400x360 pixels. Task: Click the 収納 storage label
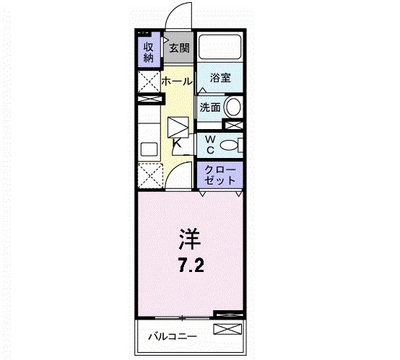(x=149, y=52)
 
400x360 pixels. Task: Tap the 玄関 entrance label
(x=178, y=49)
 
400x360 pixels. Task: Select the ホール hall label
(x=176, y=82)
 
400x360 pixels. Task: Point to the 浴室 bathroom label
(x=220, y=78)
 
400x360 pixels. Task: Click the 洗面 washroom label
(x=210, y=107)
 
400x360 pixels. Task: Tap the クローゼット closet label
(x=220, y=175)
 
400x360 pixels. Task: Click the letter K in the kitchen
(x=178, y=143)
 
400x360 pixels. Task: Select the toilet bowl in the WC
(x=229, y=145)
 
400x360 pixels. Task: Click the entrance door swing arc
(x=178, y=16)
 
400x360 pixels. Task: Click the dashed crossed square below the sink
(x=151, y=175)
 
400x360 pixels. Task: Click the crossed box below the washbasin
(x=233, y=125)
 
